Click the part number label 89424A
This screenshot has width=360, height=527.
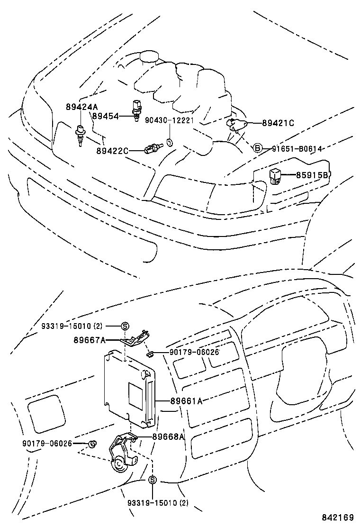82,107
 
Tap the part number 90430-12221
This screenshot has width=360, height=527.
170,120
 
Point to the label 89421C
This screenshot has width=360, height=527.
278,123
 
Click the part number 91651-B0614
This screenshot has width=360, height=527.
297,149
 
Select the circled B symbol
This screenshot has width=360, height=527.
257,148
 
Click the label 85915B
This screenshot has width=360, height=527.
313,175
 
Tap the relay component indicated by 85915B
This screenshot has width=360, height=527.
276,175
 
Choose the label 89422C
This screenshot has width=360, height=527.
112,151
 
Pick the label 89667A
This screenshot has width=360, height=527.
90,340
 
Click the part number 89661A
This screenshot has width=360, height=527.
187,401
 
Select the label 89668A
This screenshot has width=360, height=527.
168,436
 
